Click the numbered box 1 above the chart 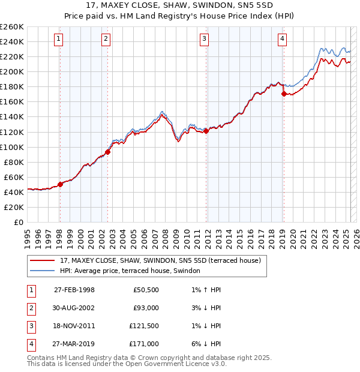click(59, 40)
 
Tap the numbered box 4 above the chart click(282, 40)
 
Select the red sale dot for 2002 click(108, 152)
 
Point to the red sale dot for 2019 click(284, 94)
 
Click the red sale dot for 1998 click(60, 184)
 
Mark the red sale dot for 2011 click(206, 131)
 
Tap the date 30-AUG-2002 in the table click(74, 308)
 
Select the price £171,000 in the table click(144, 344)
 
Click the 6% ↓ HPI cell click(205, 344)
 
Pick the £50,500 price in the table click(146, 290)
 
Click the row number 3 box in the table click(31, 326)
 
